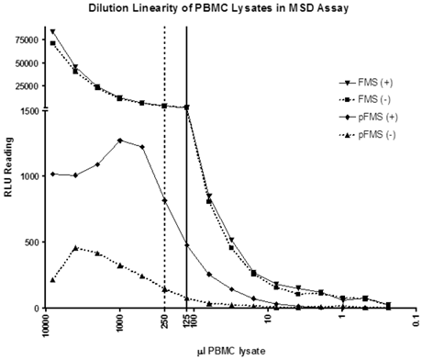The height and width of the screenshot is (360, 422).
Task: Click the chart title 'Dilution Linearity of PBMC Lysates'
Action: click(180, 8)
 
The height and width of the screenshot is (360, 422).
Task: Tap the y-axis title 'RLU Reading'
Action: click(8, 167)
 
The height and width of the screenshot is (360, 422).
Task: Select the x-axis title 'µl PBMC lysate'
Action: click(231, 351)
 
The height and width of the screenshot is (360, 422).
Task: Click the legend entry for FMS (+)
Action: click(366, 83)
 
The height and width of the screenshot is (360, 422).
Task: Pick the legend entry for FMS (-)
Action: click(365, 99)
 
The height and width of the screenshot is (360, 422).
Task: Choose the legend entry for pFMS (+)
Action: click(369, 118)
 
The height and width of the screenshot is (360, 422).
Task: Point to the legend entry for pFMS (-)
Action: click(367, 135)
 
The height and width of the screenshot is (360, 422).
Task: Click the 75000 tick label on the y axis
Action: click(28, 40)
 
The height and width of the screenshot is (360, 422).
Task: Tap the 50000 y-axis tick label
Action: click(28, 63)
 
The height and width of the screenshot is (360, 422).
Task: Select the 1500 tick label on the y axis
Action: click(30, 111)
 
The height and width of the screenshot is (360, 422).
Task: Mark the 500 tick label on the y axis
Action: click(33, 242)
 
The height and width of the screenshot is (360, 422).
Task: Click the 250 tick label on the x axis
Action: click(165, 320)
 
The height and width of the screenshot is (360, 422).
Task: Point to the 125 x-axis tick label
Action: click(187, 320)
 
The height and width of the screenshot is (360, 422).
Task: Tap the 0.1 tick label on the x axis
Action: click(416, 319)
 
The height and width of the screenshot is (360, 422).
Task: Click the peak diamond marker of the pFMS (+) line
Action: click(120, 141)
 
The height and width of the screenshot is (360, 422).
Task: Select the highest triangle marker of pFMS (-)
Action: click(75, 248)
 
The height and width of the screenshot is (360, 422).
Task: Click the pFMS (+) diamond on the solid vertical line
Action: click(187, 245)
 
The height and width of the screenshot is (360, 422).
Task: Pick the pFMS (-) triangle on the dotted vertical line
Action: click(165, 289)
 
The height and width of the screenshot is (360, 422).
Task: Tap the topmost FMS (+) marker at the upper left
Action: click(53, 31)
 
